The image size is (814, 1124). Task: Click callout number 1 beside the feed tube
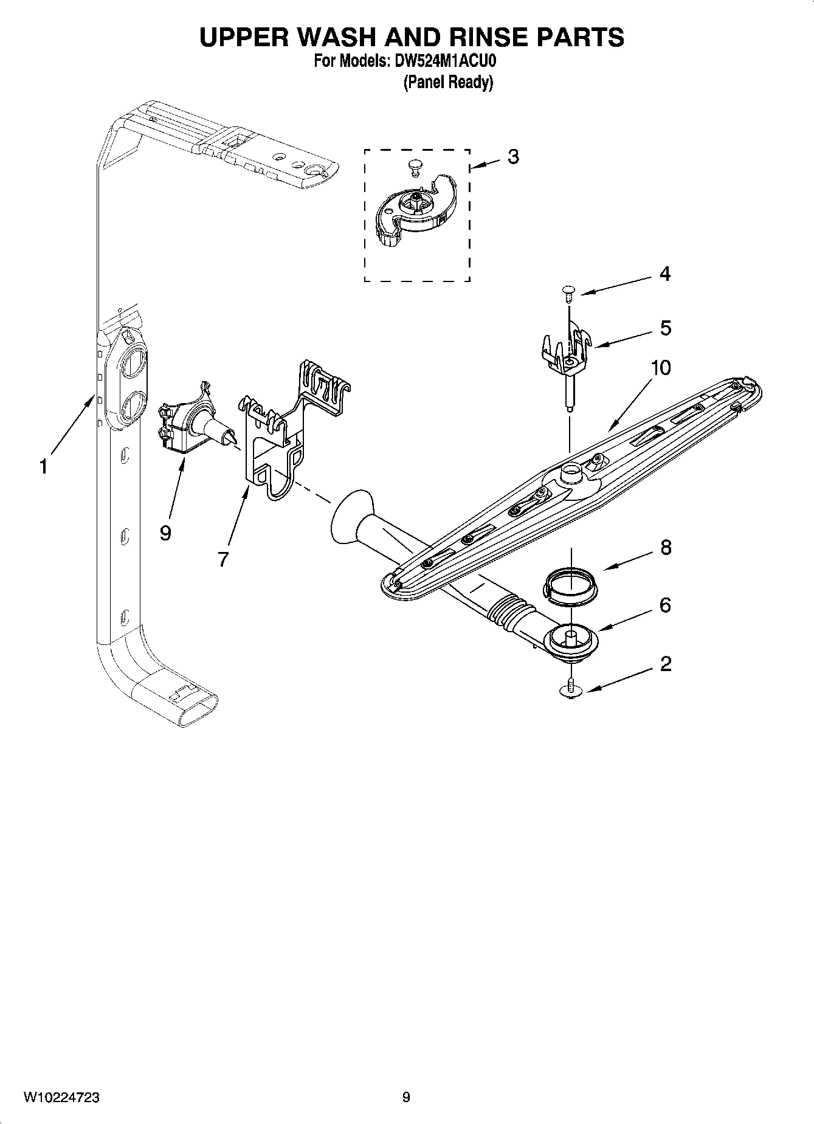click(x=43, y=467)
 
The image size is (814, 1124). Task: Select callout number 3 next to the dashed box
click(x=513, y=157)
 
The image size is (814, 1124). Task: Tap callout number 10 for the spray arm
click(x=660, y=368)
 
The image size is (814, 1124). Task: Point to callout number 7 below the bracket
click(x=223, y=559)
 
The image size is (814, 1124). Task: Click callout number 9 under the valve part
click(x=165, y=533)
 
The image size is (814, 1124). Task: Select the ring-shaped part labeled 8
click(x=570, y=586)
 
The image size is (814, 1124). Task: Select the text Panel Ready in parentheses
click(x=448, y=83)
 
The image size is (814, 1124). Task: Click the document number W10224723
click(x=61, y=1097)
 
